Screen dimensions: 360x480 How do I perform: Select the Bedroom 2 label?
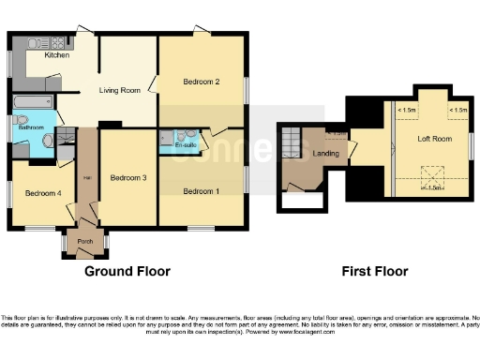pos(201,82)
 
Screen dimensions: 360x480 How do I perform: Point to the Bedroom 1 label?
pos(201,191)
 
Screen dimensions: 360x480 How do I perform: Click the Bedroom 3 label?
pos(127,177)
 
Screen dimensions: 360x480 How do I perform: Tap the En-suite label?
pos(186,145)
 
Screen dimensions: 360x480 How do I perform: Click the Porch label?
pos(84,240)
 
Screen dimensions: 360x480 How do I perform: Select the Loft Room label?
pos(434,139)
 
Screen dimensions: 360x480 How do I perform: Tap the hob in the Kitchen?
pos(56,42)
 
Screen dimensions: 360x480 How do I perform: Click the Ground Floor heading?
pos(127,272)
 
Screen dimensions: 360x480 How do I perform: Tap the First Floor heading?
pos(376,272)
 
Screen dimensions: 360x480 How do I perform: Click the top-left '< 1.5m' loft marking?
pos(408,111)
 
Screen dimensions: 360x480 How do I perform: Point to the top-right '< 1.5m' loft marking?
pos(458,111)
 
